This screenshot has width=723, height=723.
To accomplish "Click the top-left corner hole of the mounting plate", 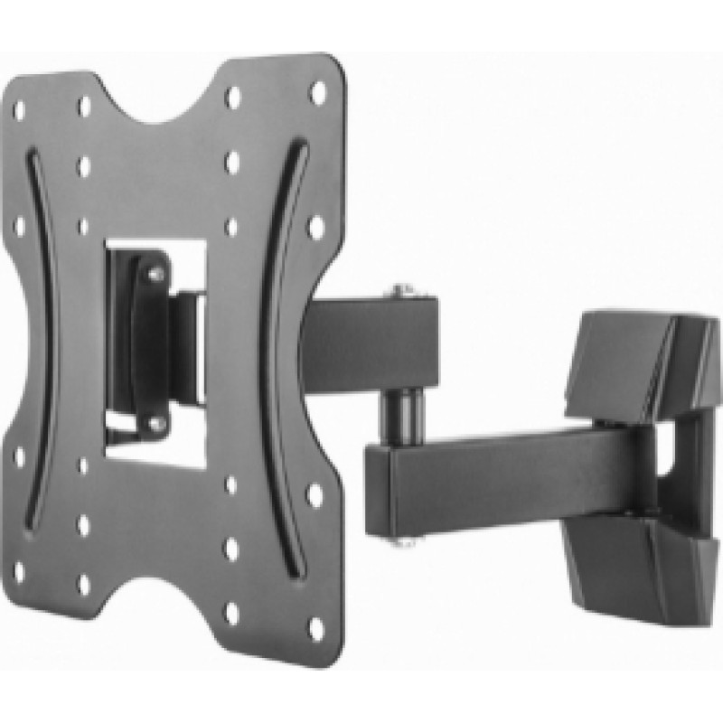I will pyautogui.click(x=19, y=109).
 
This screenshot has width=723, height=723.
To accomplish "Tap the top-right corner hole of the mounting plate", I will pyautogui.click(x=316, y=92).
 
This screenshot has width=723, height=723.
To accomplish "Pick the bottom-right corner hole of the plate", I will pyautogui.click(x=315, y=625).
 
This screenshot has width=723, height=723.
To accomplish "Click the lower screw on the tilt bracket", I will pyautogui.click(x=155, y=421).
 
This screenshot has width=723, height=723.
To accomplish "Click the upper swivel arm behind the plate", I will pyautogui.click(x=371, y=339).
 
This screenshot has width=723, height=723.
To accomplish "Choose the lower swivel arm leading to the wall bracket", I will pyautogui.click(x=506, y=470).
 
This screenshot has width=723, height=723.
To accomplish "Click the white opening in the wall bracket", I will pyautogui.click(x=669, y=452).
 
